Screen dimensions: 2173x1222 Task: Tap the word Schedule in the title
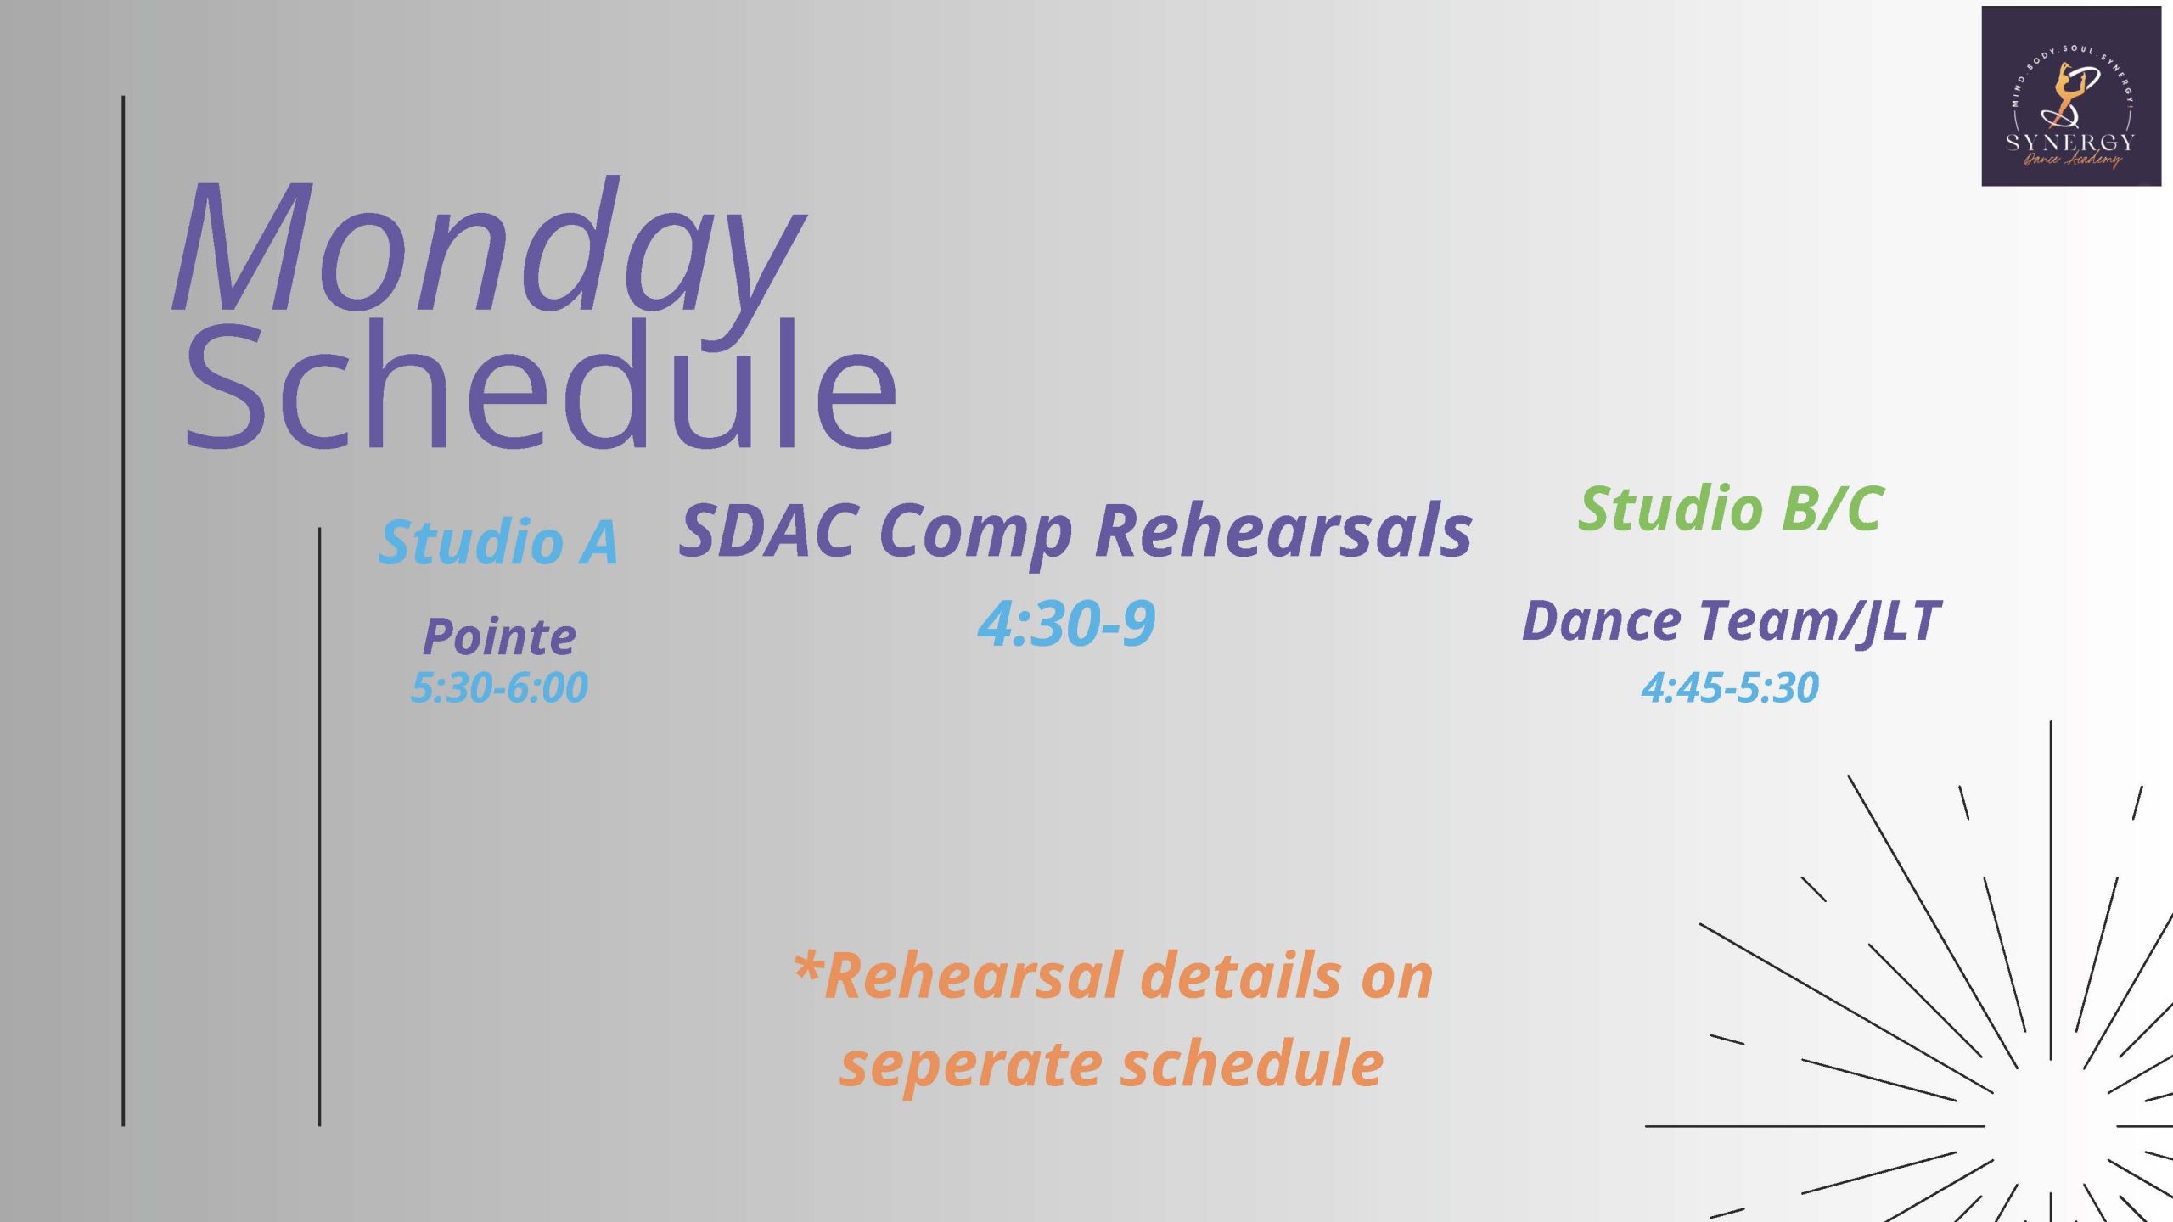541,384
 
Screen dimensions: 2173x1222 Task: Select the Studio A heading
498,541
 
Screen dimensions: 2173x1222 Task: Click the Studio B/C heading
1731,508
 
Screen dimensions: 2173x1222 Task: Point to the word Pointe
500,636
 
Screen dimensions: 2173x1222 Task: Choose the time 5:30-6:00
499,687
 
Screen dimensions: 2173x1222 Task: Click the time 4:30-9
1066,623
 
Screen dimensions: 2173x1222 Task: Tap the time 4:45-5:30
1730,687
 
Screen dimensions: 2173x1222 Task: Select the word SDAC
769,530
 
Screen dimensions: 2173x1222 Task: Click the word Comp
976,535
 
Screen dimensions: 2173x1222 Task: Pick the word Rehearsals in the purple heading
1283,530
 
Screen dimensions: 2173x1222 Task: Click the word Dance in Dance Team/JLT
1601,620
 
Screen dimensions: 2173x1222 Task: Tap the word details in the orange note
1244,976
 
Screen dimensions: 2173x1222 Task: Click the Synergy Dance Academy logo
2071,96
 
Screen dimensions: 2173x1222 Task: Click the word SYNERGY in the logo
2069,142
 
